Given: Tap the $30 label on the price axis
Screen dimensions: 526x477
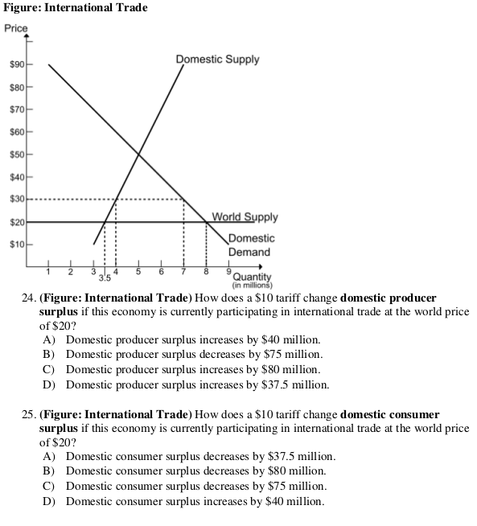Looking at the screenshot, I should tap(18, 199).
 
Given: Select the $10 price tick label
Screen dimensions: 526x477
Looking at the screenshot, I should tap(18, 244).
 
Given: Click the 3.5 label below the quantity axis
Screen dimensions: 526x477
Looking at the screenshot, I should tap(105, 279).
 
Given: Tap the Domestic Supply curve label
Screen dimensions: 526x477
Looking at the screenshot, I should tap(217, 60).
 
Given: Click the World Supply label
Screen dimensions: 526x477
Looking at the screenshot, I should tap(245, 216).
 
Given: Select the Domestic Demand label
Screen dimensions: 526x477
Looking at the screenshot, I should tap(250, 245).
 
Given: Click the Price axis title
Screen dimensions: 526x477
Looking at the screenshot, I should tap(16, 29).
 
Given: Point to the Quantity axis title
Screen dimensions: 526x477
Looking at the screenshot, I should tap(252, 277).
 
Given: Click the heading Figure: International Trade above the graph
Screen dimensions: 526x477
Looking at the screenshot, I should tap(75, 8).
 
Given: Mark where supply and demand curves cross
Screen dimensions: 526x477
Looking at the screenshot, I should tap(138, 154).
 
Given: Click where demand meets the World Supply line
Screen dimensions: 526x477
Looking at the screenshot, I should tap(206, 221).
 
